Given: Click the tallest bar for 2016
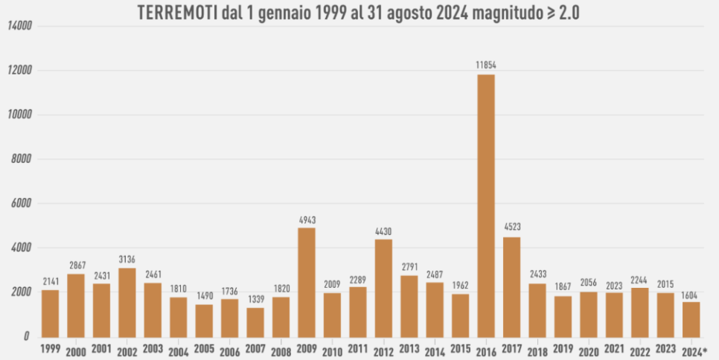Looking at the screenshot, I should (x=486, y=205).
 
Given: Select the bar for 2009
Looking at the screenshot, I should (x=307, y=282).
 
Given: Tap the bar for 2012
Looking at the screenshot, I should (x=383, y=288).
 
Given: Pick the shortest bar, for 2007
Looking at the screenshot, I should (x=256, y=322).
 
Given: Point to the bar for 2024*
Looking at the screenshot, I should (x=691, y=319).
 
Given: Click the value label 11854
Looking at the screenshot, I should (x=486, y=65).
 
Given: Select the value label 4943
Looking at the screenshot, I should (x=307, y=219).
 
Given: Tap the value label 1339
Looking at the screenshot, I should (x=256, y=299).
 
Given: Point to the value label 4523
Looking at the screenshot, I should (x=511, y=228).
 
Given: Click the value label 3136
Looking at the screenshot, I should (x=127, y=260).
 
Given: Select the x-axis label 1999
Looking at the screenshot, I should (x=50, y=348).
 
